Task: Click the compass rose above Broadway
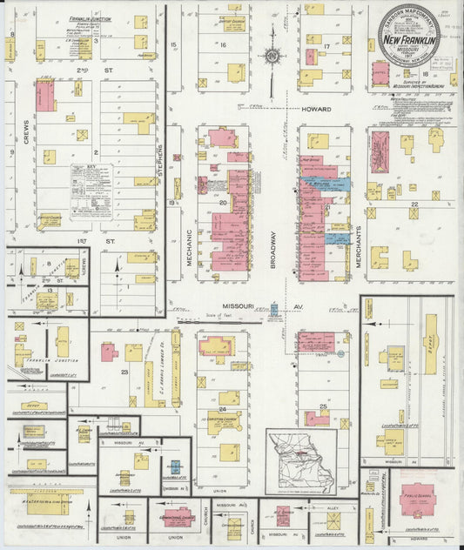tap(272, 56)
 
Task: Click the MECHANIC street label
tap(189, 246)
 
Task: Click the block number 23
tap(124, 372)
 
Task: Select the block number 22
tap(414, 205)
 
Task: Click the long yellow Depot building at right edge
tap(430, 345)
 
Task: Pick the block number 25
tap(323, 406)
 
